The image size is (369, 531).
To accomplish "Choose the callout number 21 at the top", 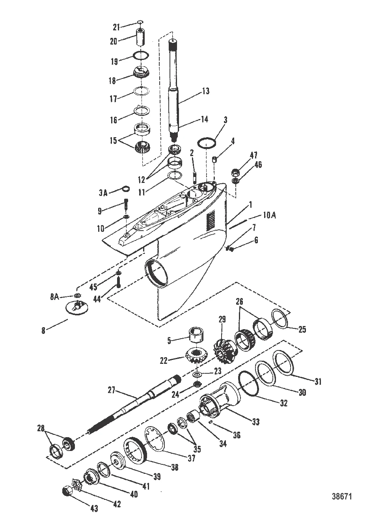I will [116, 27].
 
